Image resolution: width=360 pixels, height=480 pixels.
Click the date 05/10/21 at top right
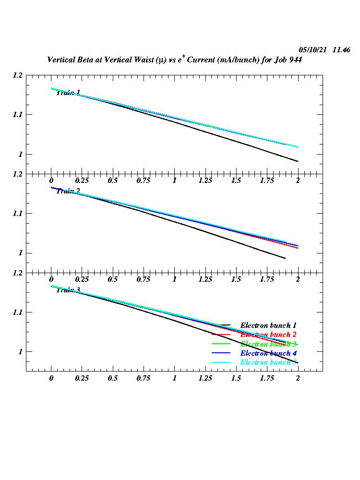(x=312, y=50)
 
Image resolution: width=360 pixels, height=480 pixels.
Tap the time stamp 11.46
(x=341, y=50)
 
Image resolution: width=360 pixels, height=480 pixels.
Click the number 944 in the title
(x=294, y=60)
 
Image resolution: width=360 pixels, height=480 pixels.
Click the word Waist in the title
(x=145, y=60)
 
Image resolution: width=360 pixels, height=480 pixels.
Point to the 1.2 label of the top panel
(x=18, y=75)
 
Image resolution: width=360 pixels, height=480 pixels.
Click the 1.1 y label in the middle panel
(x=18, y=213)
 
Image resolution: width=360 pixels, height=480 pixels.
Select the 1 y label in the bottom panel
(x=20, y=352)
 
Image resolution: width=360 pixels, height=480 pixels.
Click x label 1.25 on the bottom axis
(x=205, y=378)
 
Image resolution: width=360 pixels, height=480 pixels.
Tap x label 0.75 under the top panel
(x=144, y=180)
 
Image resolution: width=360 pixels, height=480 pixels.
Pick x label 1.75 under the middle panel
(x=267, y=279)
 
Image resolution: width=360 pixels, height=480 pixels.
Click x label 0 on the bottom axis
(x=51, y=378)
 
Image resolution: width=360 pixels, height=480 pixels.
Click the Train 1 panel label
(x=68, y=93)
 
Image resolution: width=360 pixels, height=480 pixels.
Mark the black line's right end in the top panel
(x=298, y=161)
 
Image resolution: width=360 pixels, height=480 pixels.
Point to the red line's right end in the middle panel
(x=298, y=248)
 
